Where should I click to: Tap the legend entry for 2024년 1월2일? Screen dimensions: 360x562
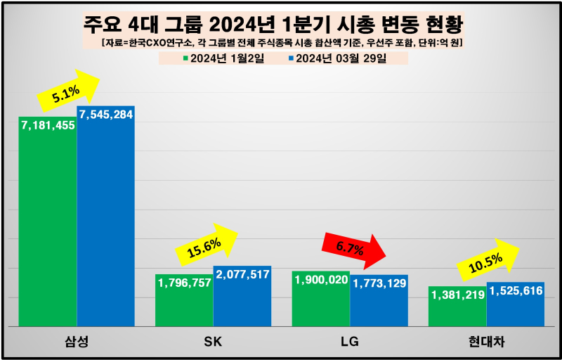223,58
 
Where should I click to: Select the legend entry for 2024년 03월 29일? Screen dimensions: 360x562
337,58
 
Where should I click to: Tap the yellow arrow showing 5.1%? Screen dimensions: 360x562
67,91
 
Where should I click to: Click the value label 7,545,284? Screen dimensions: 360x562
105,115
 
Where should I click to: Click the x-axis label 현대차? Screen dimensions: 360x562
486,342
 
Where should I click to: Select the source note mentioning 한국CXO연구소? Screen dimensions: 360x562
281,44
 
